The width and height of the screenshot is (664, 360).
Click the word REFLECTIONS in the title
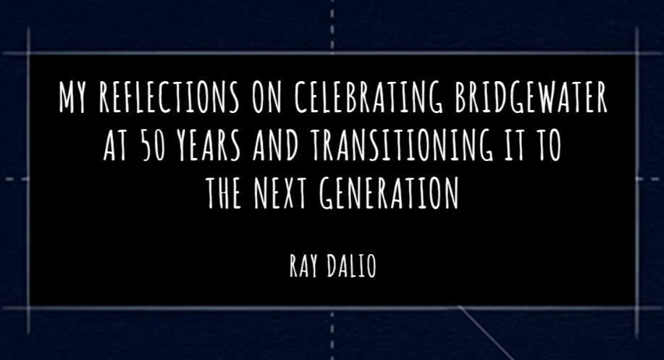[169, 97]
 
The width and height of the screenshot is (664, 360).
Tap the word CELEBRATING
[369, 97]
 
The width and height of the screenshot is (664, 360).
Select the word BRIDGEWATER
[531, 97]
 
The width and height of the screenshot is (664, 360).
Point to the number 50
[153, 146]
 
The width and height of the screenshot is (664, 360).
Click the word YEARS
[209, 146]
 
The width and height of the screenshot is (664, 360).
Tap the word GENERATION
[389, 193]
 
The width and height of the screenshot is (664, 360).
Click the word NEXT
[280, 193]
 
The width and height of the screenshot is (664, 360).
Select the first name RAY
[303, 266]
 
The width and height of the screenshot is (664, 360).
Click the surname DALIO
[352, 266]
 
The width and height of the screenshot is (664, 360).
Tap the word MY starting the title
[72, 97]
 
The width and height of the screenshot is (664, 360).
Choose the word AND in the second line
[276, 146]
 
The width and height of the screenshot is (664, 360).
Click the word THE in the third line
[224, 193]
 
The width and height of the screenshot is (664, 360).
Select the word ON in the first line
[266, 97]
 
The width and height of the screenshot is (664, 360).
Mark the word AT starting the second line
[116, 146]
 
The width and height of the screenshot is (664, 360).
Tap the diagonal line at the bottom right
[486, 333]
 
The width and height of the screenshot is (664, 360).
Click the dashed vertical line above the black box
[332, 25]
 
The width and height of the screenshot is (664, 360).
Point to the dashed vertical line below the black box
[332, 335]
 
